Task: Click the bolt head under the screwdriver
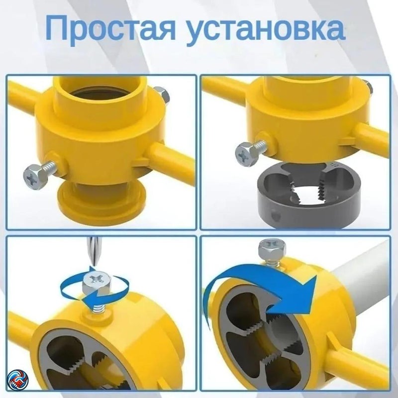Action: [x=97, y=283]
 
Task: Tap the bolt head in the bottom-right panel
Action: [x=272, y=248]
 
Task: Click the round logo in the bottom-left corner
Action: [x=17, y=380]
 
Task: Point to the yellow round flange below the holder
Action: [x=101, y=200]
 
